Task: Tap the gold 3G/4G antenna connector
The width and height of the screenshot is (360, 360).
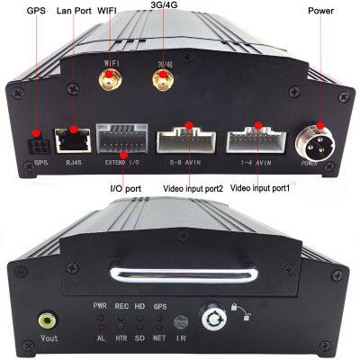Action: coord(163,84)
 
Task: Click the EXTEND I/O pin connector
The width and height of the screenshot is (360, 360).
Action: coord(122,141)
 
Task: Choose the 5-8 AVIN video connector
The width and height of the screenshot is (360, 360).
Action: coord(188,141)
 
